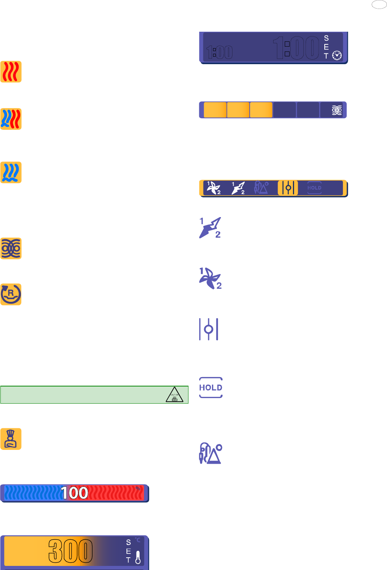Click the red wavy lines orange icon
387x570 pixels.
[11, 72]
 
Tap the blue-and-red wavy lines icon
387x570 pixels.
[11, 119]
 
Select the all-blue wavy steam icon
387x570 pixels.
[11, 172]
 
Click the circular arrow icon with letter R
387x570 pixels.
[11, 294]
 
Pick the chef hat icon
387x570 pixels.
[11, 439]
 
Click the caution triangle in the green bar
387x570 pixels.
[174, 395]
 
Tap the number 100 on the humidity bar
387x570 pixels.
[75, 493]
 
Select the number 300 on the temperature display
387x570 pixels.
[71, 551]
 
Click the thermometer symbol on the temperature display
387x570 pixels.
[138, 557]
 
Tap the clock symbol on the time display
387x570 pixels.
[337, 55]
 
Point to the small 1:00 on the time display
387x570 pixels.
[219, 53]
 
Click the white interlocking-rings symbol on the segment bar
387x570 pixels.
[337, 110]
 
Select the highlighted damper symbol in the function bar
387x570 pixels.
[288, 188]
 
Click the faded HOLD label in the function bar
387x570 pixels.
[314, 188]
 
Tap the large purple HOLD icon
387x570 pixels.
[210, 388]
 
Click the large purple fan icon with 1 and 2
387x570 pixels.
[210, 278]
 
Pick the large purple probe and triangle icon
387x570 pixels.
[210, 453]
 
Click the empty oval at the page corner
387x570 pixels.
[379, 4]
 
